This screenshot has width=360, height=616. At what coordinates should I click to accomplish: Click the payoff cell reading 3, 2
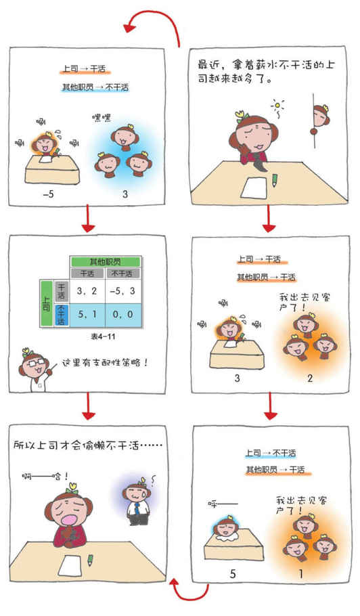pyautogui.click(x=87, y=292)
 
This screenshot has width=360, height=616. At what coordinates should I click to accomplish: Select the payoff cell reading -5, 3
pyautogui.click(x=122, y=292)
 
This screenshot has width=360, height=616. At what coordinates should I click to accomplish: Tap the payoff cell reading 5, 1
pyautogui.click(x=87, y=315)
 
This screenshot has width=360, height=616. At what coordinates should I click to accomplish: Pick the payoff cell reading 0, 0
pyautogui.click(x=122, y=315)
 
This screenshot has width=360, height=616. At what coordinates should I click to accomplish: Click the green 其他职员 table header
pyautogui.click(x=105, y=262)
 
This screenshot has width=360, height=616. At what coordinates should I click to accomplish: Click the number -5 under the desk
pyautogui.click(x=48, y=194)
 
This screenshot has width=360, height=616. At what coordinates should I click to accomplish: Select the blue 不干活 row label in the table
pyautogui.click(x=62, y=315)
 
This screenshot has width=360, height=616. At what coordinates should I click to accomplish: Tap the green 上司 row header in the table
pyautogui.click(x=47, y=303)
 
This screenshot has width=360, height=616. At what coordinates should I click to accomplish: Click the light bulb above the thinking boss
pyautogui.click(x=278, y=106)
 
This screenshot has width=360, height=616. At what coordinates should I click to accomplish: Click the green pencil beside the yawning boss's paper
pyautogui.click(x=90, y=560)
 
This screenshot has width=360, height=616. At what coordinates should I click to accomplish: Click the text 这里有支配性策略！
pyautogui.click(x=104, y=362)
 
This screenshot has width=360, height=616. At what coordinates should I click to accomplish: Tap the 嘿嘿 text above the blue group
pyautogui.click(x=102, y=118)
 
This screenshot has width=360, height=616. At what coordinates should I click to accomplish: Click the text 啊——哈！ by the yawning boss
pyautogui.click(x=45, y=477)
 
